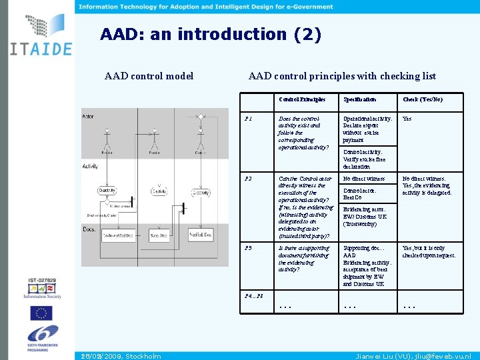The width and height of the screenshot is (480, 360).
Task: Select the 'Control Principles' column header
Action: [302, 99]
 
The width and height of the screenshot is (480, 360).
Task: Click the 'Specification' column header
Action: [359, 99]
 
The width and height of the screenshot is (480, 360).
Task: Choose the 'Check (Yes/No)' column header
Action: [422, 99]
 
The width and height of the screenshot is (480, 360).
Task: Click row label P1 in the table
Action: [249, 119]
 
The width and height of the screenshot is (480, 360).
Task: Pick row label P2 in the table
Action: [249, 179]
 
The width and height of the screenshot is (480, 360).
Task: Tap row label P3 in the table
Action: [249, 248]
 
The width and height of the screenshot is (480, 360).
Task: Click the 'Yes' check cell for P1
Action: [407, 119]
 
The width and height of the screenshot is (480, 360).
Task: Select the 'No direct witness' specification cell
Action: [363, 179]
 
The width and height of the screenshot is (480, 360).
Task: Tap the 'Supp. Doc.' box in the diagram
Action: [158, 235]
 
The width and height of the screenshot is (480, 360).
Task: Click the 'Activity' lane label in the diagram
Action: [91, 166]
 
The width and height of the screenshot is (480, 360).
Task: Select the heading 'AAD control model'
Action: [149, 76]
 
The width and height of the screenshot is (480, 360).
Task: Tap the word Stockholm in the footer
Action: [143, 356]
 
